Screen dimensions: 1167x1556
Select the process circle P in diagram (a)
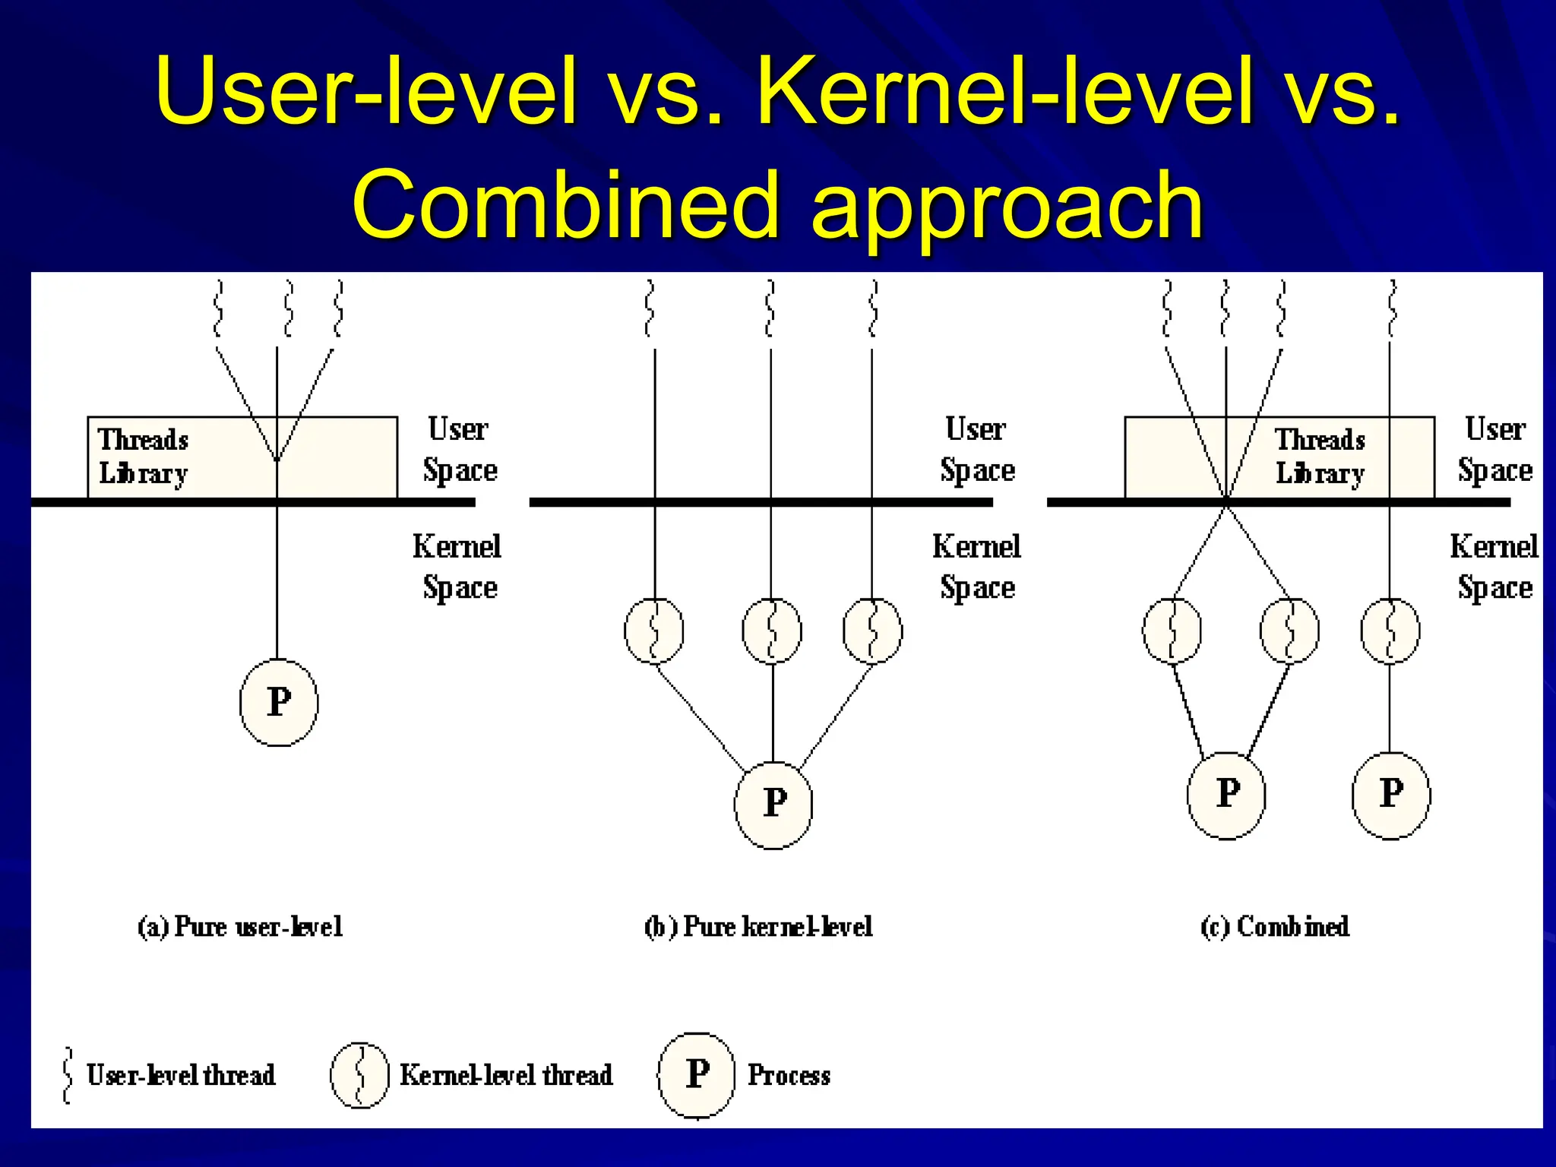coord(279,703)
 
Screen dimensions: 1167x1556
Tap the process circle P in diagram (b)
coord(773,804)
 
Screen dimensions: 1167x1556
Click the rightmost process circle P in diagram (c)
coord(1390,795)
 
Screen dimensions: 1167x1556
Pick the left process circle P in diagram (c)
coord(1226,795)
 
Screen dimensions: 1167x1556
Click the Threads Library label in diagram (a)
coord(144,456)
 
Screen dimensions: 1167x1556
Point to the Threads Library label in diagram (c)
coord(1320,456)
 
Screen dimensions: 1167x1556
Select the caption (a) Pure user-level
coord(240,926)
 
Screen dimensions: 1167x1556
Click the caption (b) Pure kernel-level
coord(758,926)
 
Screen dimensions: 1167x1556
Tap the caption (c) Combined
coord(1275,926)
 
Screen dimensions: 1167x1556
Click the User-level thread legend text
coord(181,1075)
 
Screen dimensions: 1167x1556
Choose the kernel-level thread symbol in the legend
coord(359,1075)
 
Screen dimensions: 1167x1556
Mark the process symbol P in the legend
coord(697,1075)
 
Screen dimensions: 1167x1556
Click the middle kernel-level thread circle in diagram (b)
coord(771,631)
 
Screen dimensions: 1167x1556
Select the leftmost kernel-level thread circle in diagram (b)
coord(654,631)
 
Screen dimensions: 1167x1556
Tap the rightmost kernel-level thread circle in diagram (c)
coord(1390,631)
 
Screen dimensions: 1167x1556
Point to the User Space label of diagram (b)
coord(977,450)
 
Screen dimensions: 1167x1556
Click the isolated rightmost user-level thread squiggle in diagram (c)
coord(1392,308)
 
